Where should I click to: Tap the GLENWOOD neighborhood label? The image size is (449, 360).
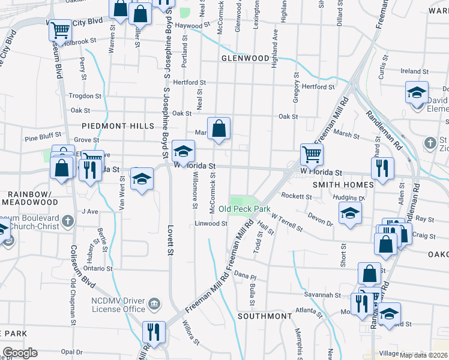click(x=245, y=58)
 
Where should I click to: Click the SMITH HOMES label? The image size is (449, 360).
click(x=343, y=185)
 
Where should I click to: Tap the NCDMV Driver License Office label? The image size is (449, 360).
click(x=109, y=304)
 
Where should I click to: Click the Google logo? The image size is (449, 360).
click(x=20, y=353)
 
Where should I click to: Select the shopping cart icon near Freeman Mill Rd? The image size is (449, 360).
click(x=312, y=154)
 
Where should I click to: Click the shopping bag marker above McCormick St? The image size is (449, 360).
click(x=220, y=128)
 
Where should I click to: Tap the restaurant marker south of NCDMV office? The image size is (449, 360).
click(x=153, y=331)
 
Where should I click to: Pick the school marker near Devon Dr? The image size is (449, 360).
click(x=350, y=213)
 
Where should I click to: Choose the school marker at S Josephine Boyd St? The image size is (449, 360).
click(x=183, y=150)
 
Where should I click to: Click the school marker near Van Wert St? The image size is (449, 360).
click(x=142, y=179)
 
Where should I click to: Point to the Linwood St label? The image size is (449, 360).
click(x=210, y=223)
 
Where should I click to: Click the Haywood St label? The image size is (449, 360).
click(x=193, y=26)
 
